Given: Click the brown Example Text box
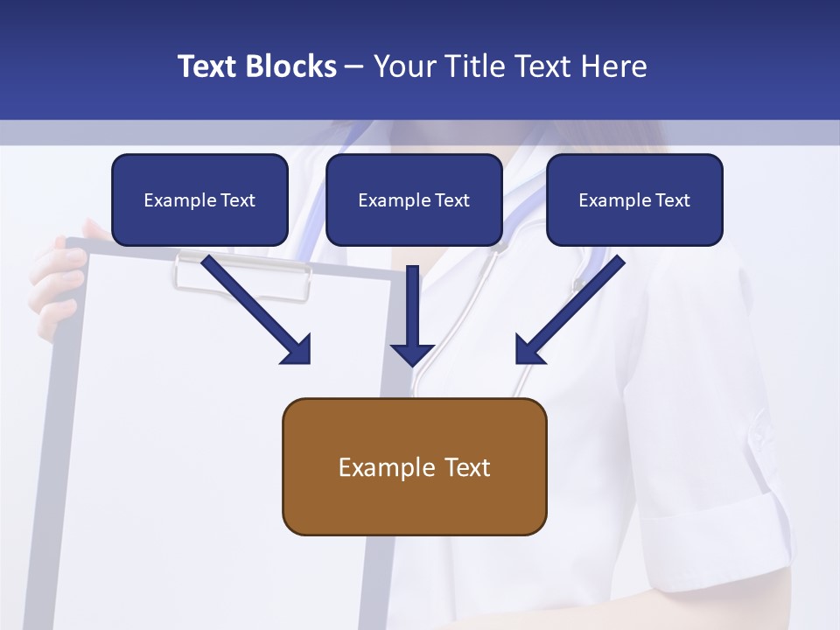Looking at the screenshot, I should tap(414, 466).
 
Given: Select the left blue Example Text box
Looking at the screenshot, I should tap(199, 199).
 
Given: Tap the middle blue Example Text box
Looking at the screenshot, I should tap(414, 199).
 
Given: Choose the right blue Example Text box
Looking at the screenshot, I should tap(634, 199).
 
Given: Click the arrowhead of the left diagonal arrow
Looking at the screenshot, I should tap(297, 350).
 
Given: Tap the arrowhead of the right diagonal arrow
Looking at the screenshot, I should tap(528, 350).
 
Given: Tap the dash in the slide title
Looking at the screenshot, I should tap(354, 66).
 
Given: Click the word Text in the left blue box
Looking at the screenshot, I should tap(237, 199).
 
